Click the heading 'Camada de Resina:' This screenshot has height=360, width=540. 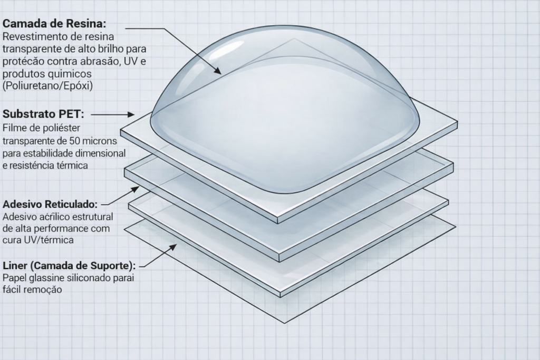tap(54, 24)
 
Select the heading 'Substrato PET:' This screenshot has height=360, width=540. tap(43, 114)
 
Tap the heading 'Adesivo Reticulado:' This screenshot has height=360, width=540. tap(50, 204)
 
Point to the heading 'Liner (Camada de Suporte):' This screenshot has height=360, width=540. tap(69, 266)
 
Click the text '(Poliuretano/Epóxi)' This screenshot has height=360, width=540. tap(48, 86)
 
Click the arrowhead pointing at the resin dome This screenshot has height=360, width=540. tap(217, 71)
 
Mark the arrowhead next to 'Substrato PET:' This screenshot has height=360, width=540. tap(131, 114)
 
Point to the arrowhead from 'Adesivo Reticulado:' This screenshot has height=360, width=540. tap(135, 189)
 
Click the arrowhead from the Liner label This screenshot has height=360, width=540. tap(172, 247)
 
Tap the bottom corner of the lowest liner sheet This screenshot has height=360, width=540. tap(285, 323)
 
